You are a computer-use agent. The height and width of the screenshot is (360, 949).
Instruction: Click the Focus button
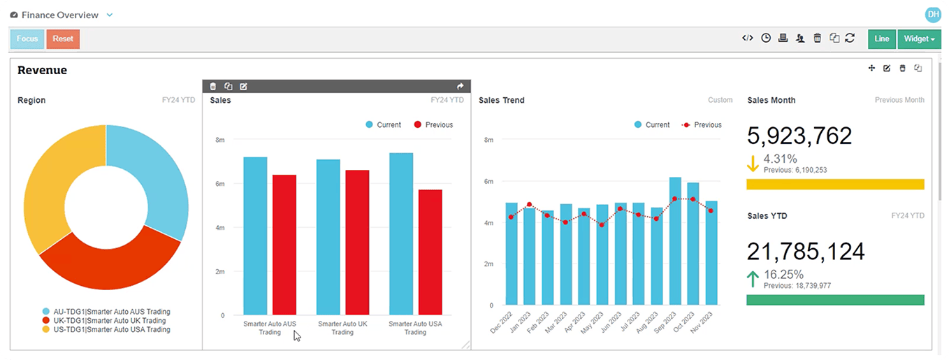(27, 39)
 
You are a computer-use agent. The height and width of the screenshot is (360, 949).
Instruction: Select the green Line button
(881, 39)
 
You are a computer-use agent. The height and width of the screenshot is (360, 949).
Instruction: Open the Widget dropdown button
(918, 39)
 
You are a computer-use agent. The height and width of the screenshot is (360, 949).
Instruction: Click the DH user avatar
(932, 15)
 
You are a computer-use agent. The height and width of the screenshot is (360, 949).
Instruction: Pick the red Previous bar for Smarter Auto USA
(430, 252)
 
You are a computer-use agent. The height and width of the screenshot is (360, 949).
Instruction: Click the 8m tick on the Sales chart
(220, 140)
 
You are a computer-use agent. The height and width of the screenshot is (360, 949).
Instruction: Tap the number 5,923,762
(799, 135)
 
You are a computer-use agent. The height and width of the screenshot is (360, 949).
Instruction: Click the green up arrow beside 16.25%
(753, 280)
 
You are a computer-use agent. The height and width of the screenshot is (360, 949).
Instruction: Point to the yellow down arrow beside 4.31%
(753, 164)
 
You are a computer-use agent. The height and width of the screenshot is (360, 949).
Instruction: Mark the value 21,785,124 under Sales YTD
(806, 251)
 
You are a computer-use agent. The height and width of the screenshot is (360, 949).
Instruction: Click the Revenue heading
(42, 70)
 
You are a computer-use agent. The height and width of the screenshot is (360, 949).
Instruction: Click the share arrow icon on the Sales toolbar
(461, 87)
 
